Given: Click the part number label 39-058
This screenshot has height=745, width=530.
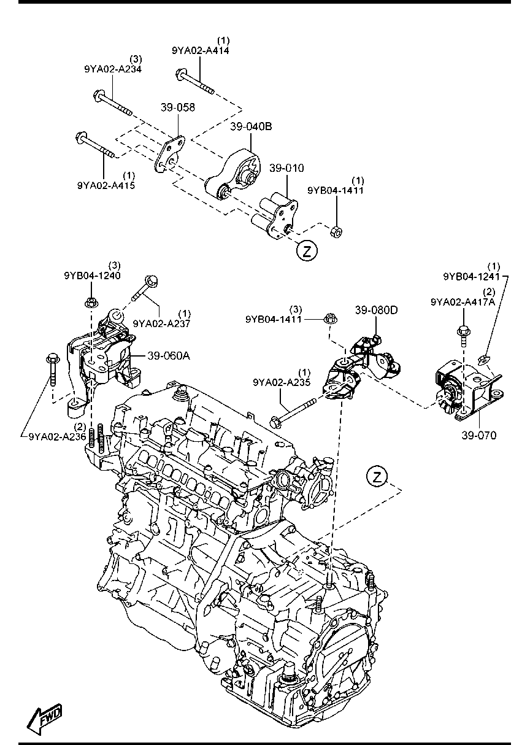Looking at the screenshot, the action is tap(178, 107).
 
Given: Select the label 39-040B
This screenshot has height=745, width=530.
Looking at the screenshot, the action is tap(251, 126).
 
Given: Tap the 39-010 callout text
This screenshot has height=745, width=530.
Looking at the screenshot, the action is tap(286, 168).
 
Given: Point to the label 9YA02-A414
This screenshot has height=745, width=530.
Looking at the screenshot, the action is tap(201, 50).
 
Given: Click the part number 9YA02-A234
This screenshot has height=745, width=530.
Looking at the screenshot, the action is tap(113, 69).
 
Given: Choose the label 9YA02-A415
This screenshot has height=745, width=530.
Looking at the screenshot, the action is tap(106, 185).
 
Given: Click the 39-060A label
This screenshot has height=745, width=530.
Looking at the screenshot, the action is tap(169, 356).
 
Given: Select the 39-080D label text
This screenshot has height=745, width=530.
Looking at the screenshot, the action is tap(377, 310).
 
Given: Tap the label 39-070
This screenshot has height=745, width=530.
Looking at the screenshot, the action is tap(479, 435).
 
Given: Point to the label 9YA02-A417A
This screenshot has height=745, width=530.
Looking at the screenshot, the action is tap(463, 302).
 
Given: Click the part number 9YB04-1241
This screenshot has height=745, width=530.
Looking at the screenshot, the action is tap(472, 277).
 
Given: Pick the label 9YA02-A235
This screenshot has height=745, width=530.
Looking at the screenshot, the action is tap(282, 382).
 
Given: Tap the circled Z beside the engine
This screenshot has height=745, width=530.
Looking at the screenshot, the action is tap(377, 477).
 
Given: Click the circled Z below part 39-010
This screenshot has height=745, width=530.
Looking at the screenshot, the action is tap(307, 250).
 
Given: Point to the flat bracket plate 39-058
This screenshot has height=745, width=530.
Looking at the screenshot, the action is tap(170, 153).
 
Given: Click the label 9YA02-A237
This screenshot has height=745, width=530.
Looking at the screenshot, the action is tap(161, 323).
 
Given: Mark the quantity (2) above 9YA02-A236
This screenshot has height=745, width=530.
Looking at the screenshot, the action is tap(80, 427).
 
